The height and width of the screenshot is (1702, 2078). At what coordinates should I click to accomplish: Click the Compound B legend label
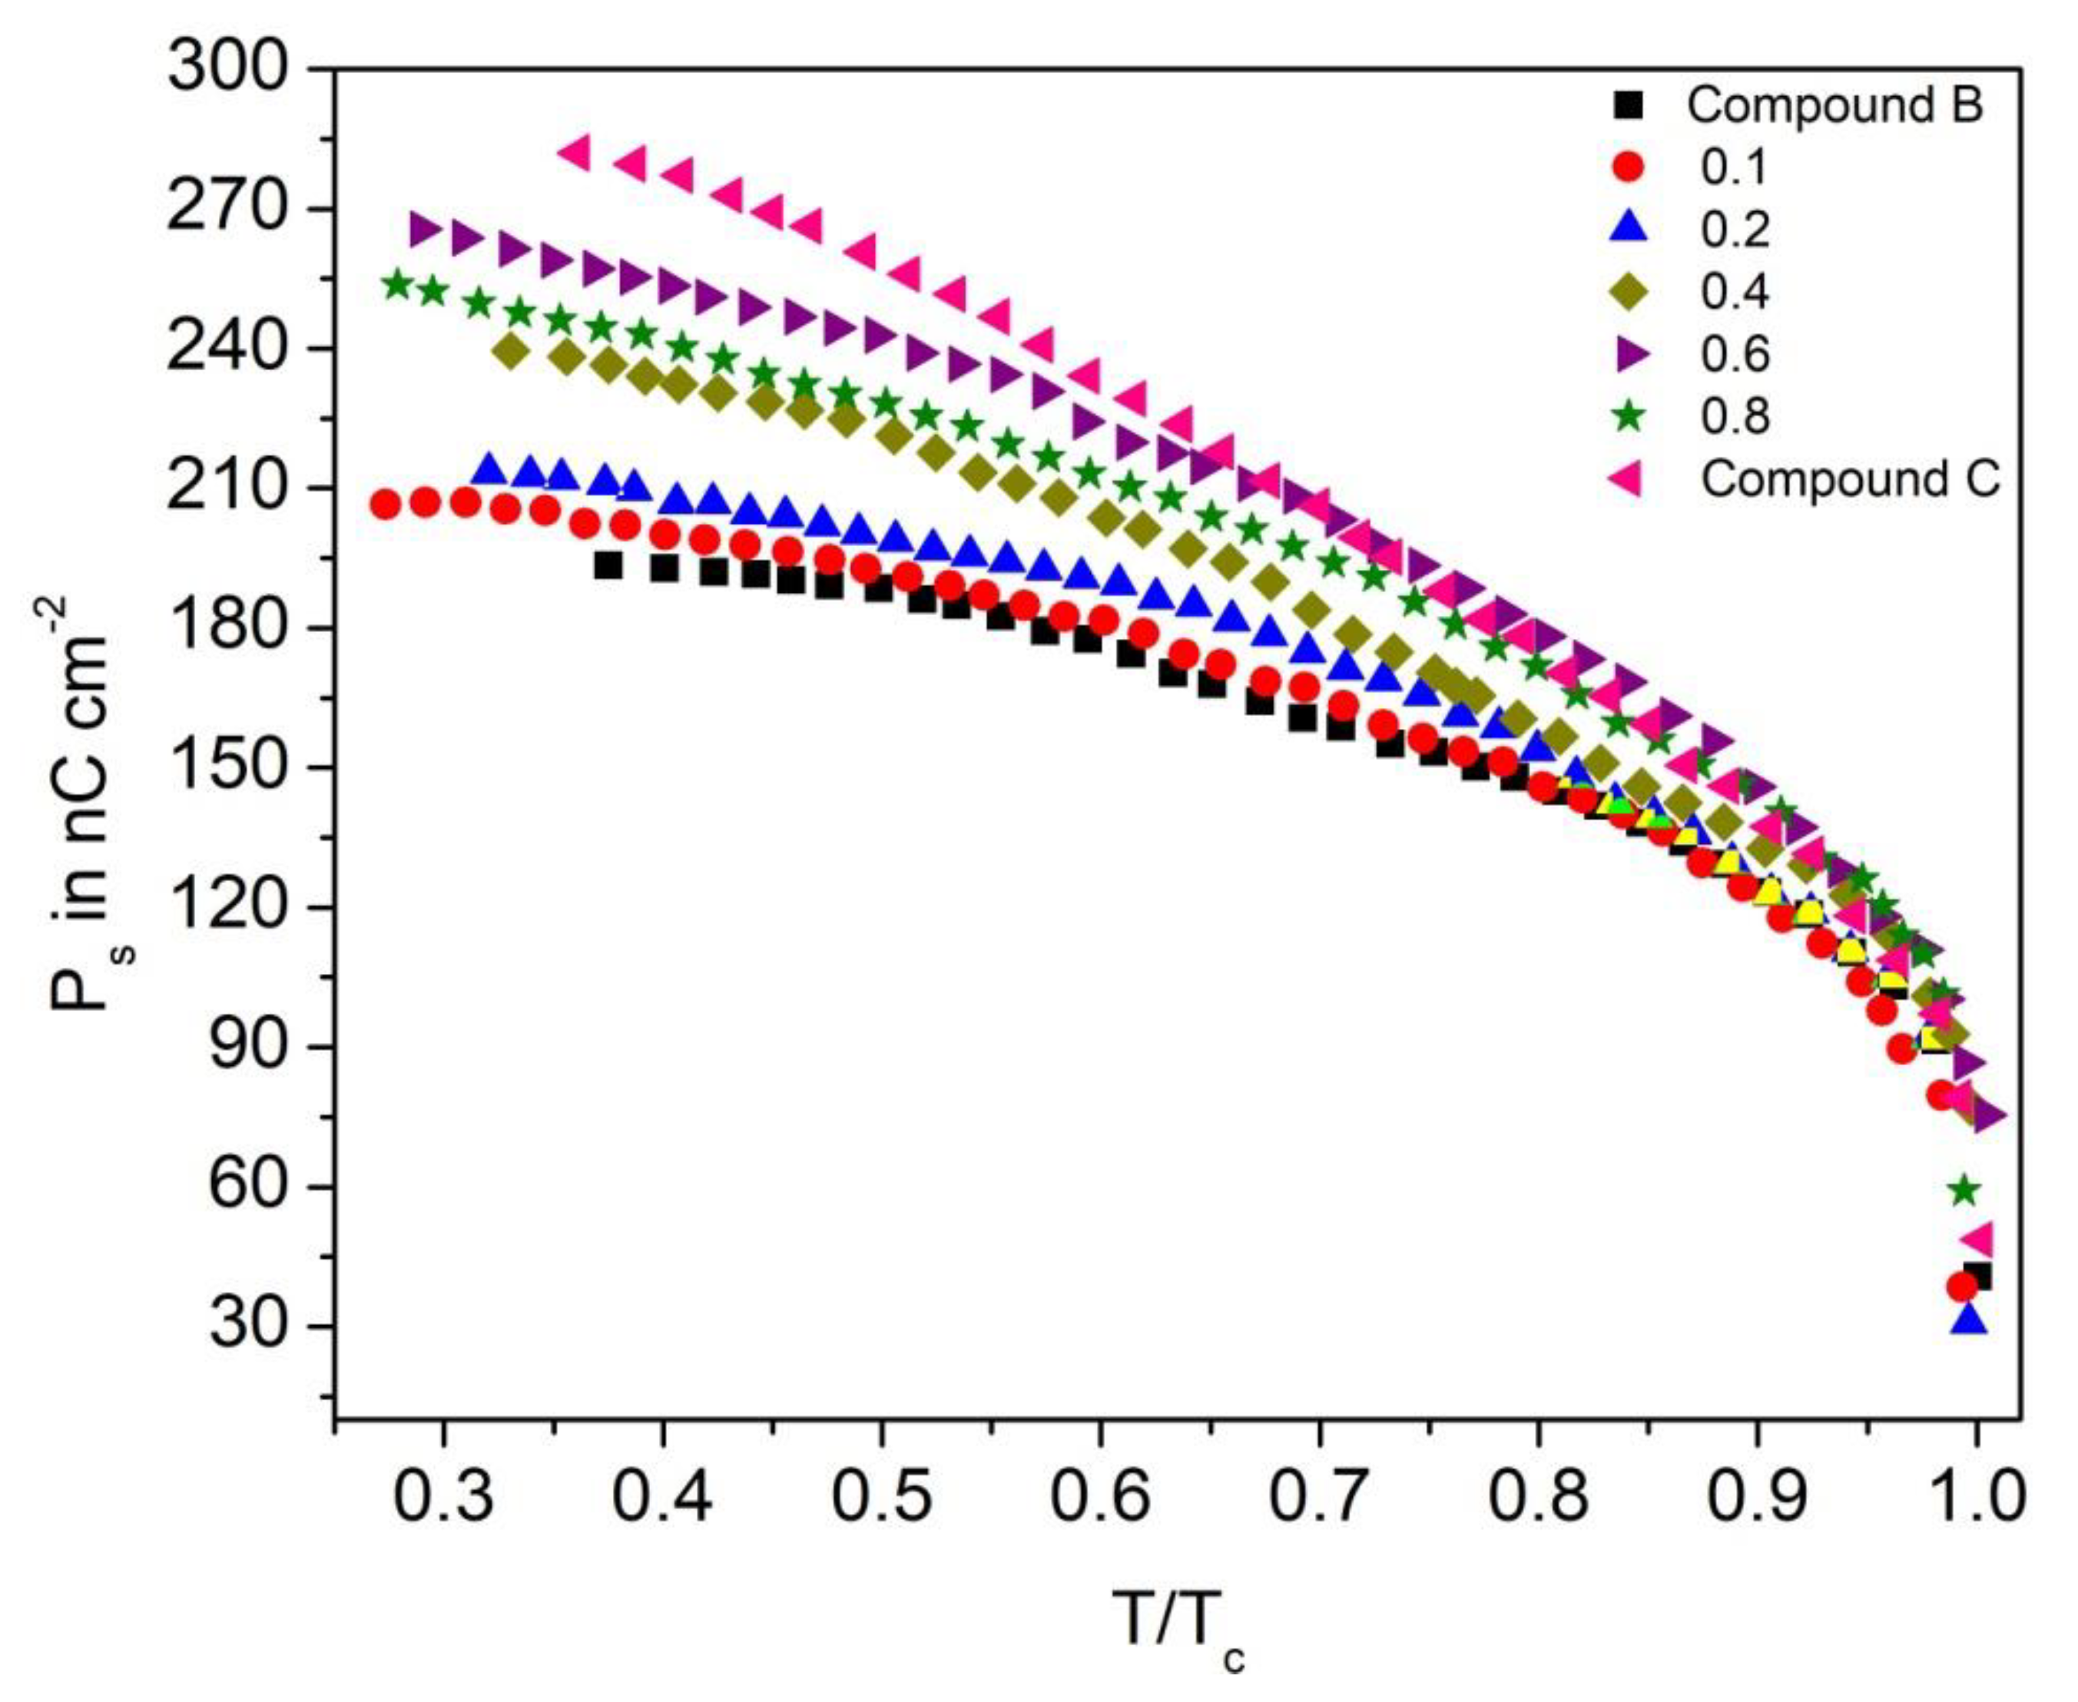(x=1834, y=106)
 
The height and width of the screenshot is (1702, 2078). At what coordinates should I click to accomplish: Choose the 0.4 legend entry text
(x=1735, y=291)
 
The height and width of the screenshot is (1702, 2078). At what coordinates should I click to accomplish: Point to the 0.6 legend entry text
(x=1735, y=354)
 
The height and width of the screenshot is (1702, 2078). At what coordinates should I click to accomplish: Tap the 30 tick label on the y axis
(x=245, y=1326)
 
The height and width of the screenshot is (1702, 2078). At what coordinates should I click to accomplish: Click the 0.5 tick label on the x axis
(x=883, y=1498)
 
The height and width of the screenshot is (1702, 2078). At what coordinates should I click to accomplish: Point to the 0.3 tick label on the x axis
(x=443, y=1498)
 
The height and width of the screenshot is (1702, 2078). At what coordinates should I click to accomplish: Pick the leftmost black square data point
(x=608, y=566)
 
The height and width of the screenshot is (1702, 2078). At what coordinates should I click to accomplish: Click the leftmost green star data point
(x=397, y=284)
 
